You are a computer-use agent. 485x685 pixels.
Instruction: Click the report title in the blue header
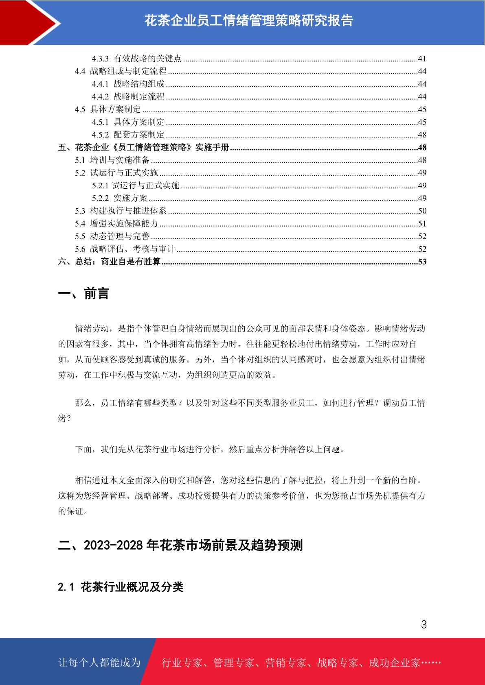click(x=249, y=21)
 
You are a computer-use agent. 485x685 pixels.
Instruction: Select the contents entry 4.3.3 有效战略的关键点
click(x=136, y=59)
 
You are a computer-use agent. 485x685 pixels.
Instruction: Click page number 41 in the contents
click(x=422, y=59)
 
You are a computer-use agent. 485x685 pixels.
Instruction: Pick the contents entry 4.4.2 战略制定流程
click(x=128, y=97)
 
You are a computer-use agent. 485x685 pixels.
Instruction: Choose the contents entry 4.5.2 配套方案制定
click(x=128, y=135)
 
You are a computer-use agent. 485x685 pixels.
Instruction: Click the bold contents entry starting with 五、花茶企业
click(x=144, y=147)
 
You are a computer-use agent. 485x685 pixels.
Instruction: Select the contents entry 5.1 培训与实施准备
click(x=112, y=160)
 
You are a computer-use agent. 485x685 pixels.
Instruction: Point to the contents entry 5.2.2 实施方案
click(x=120, y=198)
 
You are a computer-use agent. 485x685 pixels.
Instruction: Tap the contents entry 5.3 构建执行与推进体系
click(x=121, y=211)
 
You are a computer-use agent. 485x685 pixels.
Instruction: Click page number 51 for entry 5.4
click(x=422, y=224)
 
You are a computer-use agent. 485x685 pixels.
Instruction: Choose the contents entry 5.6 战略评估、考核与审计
click(x=125, y=249)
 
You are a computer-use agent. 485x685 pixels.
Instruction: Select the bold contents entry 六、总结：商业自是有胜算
click(x=109, y=262)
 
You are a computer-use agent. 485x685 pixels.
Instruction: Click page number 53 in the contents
click(x=422, y=262)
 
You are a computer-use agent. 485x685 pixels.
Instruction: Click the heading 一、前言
click(x=83, y=293)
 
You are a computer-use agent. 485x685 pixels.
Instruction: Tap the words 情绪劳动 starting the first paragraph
click(x=92, y=329)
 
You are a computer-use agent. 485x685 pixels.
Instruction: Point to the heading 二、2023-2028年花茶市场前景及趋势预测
click(x=180, y=545)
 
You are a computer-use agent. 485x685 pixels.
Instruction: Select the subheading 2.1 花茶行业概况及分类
click(x=121, y=587)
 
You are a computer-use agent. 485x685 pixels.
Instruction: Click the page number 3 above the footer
click(x=424, y=625)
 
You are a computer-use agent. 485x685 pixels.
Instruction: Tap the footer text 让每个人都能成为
click(x=99, y=663)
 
